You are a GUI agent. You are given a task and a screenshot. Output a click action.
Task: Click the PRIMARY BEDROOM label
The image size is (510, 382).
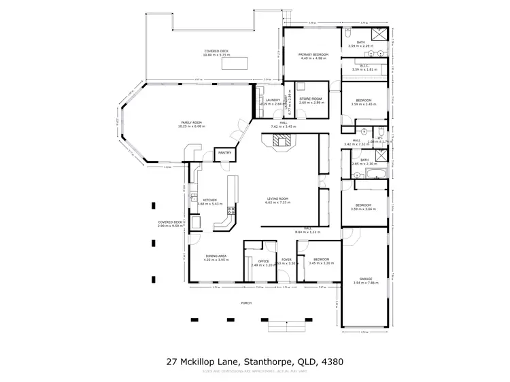coord(313,54)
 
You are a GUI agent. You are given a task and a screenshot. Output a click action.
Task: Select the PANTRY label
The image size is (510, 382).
coord(224,153)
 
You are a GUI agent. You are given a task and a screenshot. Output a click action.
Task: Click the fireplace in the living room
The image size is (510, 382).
coord(280,141)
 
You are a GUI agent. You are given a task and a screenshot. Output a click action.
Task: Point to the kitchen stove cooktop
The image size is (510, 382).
coord(232,210)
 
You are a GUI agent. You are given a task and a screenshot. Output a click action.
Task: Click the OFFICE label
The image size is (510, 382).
coord(263,261)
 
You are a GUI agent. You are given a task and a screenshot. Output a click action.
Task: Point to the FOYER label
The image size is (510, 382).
coord(286,260)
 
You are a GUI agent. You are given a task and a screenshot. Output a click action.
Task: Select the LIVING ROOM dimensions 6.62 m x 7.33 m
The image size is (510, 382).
coord(277,203)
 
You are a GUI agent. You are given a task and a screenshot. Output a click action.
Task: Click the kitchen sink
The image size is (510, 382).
coord(195,222)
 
